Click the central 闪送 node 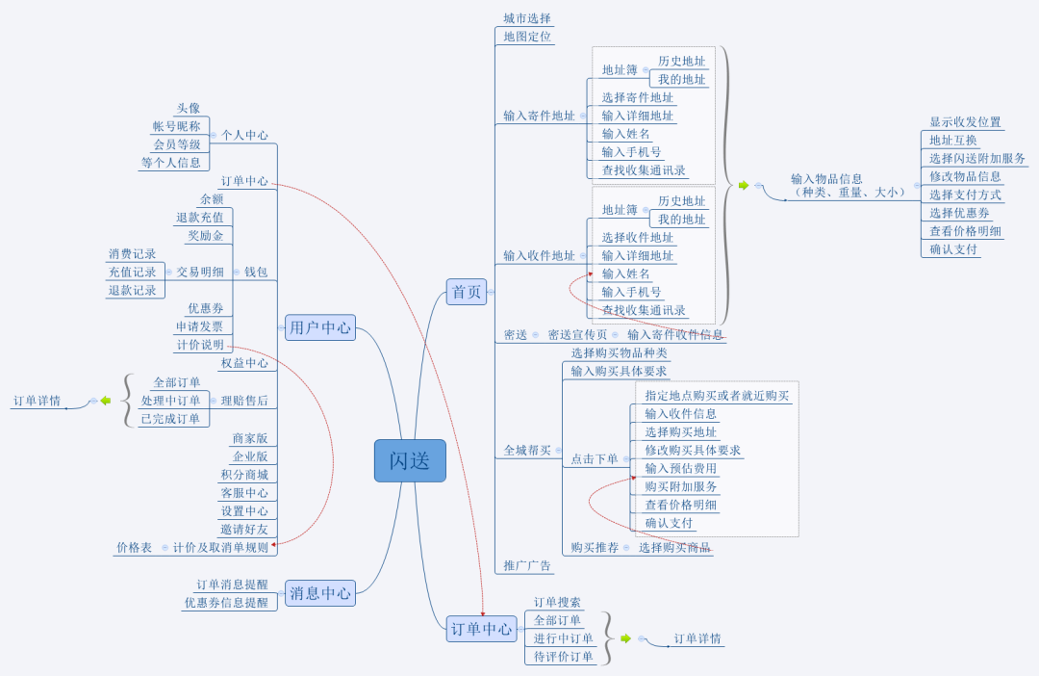click(410, 460)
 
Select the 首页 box click(467, 292)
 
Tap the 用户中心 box click(320, 327)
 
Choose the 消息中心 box click(320, 593)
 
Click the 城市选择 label click(527, 18)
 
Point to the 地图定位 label click(527, 37)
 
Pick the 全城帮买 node click(527, 450)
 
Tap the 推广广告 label click(527, 565)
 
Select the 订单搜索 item click(557, 602)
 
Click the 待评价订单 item click(564, 657)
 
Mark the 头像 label click(189, 109)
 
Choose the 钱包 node click(256, 273)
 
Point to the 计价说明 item click(199, 345)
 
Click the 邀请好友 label click(244, 530)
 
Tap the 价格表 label click(134, 547)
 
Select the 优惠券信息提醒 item click(226, 603)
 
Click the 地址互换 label click(953, 141)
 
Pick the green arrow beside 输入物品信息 click(743, 185)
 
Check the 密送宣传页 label click(577, 335)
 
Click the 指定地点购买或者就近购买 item click(717, 396)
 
